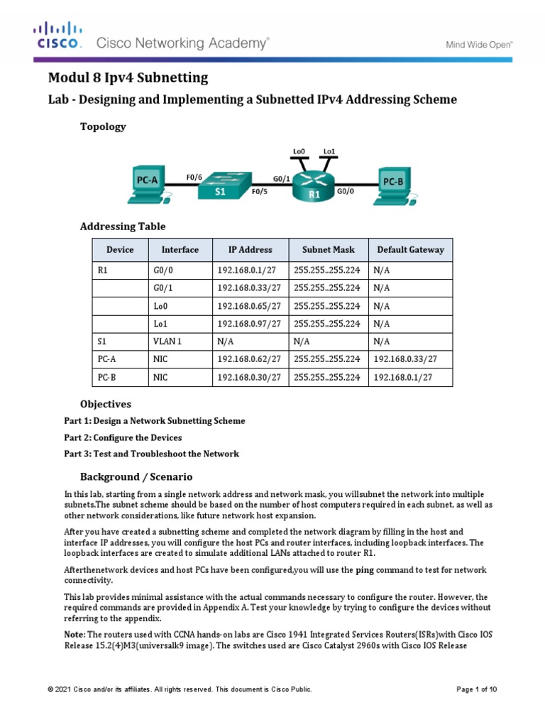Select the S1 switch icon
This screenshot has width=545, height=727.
tap(222, 187)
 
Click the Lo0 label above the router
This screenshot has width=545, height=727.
tap(299, 151)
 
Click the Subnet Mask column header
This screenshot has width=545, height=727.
tap(329, 250)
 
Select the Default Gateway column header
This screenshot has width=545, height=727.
tap(410, 250)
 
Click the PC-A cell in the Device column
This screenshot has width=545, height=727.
tap(106, 360)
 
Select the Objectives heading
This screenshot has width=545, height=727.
tap(106, 404)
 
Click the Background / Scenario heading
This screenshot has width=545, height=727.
tap(136, 476)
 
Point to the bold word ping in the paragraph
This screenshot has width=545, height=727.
tap(364, 570)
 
